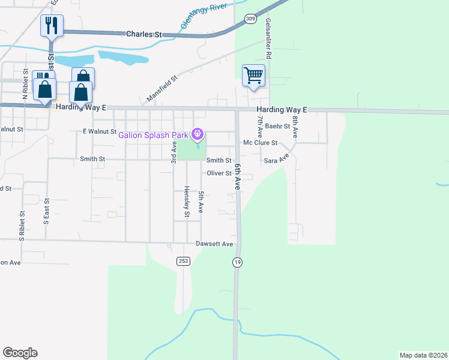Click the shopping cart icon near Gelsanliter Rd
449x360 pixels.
(x=254, y=76)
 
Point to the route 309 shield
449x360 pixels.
(x=250, y=20)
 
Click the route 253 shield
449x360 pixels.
(x=183, y=261)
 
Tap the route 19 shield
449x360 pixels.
(x=237, y=262)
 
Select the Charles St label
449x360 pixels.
(x=144, y=34)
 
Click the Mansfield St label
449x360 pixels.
(x=163, y=88)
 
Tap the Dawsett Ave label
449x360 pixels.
(x=214, y=244)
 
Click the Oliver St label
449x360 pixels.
(x=219, y=173)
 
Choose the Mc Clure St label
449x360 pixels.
(x=260, y=143)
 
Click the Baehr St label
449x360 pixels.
(x=277, y=127)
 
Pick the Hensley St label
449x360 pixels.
(x=187, y=201)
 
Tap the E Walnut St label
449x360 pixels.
(x=99, y=131)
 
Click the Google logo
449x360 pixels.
(x=20, y=353)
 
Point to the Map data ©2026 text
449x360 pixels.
(x=423, y=355)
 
